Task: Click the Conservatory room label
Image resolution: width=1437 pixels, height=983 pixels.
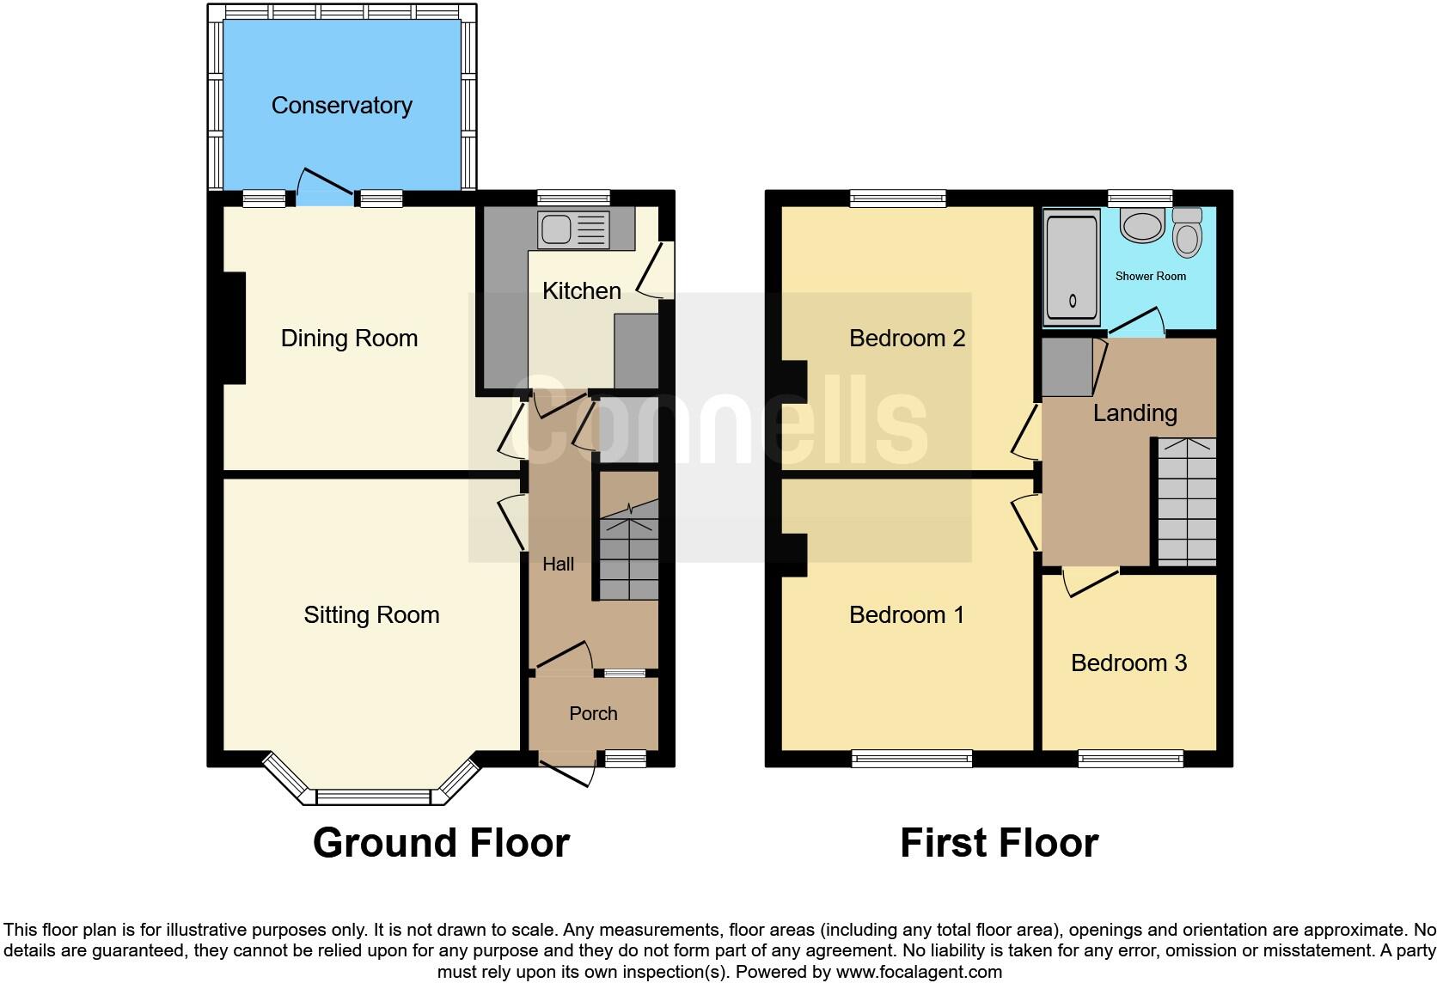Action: [341, 106]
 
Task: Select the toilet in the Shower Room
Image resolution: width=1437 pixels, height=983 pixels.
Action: [1187, 234]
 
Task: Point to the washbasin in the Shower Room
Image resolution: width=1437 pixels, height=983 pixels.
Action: [1143, 227]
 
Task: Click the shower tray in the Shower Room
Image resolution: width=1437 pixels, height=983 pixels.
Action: [1071, 270]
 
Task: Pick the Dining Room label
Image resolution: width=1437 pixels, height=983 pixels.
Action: [349, 339]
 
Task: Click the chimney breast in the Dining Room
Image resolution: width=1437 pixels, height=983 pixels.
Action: [235, 327]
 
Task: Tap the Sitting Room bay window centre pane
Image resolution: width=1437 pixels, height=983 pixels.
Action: [372, 797]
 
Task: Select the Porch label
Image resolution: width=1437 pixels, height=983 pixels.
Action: [593, 713]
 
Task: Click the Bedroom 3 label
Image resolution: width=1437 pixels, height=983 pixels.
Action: [1128, 662]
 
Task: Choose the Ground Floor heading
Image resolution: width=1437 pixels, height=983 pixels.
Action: [441, 843]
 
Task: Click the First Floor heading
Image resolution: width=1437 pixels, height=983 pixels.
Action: [999, 843]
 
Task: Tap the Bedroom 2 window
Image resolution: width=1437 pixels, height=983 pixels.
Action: [898, 198]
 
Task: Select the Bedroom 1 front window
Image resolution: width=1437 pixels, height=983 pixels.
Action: [912, 758]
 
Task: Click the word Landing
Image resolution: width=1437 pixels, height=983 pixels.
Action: [1134, 413]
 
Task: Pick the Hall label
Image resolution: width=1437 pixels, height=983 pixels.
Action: [558, 565]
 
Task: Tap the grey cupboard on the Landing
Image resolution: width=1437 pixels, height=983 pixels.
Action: [1067, 368]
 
